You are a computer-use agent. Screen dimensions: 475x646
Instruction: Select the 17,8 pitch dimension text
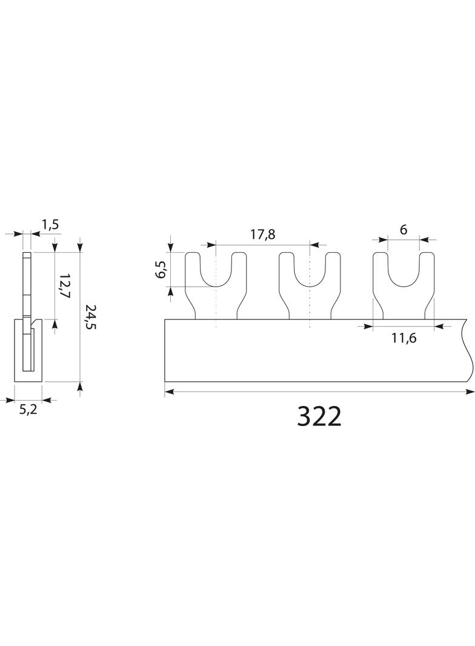tap(263, 235)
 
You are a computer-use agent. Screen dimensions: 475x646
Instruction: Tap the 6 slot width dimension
tap(404, 230)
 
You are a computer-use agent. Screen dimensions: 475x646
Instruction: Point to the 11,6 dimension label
tap(404, 338)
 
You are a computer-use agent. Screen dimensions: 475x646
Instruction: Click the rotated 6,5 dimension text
tap(162, 269)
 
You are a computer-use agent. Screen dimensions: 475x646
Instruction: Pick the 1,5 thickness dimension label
tap(50, 225)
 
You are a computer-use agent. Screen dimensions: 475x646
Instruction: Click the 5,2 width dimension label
tap(28, 410)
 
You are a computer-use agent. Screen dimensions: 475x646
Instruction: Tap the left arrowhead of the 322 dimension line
tap(169, 392)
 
